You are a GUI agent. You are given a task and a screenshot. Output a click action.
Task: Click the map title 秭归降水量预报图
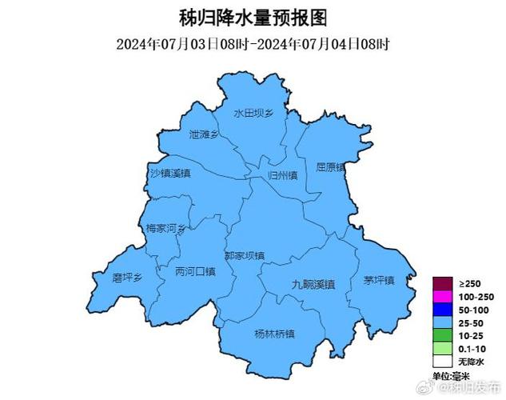tap(253, 17)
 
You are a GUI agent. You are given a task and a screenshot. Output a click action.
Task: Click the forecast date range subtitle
tap(253, 43)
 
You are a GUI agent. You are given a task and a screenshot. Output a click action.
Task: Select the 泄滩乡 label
tap(204, 135)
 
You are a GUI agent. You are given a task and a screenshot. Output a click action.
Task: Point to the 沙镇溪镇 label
tap(170, 173)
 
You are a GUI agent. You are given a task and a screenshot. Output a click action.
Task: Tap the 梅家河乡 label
tap(165, 229)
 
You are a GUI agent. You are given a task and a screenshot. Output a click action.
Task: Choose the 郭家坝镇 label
tap(244, 256)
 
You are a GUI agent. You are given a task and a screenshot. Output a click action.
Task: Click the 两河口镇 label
tap(195, 272)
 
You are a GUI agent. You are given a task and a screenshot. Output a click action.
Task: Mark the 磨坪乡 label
tap(127, 278)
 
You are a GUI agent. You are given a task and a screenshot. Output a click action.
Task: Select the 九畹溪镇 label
tap(313, 285)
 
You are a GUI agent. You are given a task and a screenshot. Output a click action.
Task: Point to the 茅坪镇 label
tap(379, 280)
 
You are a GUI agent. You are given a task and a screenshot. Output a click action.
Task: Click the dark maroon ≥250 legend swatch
tap(441, 284)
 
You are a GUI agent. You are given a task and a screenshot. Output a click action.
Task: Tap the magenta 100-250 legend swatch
tap(441, 297)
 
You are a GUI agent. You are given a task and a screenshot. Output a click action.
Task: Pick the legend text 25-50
tap(470, 322)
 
